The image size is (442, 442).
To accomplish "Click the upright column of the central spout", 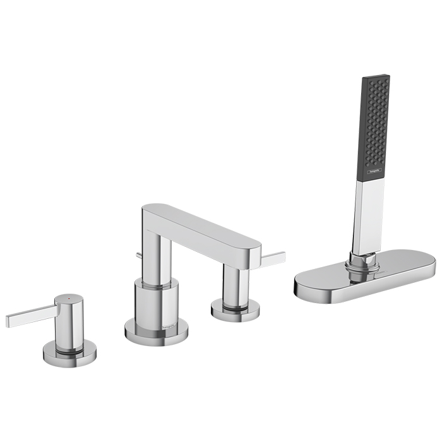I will pyautogui.click(x=155, y=253).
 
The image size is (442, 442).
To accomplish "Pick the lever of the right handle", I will pyautogui.click(x=273, y=258).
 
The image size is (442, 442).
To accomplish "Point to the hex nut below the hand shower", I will pyautogui.click(x=361, y=260).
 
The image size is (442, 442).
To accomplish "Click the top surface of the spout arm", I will pyautogui.click(x=196, y=221).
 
